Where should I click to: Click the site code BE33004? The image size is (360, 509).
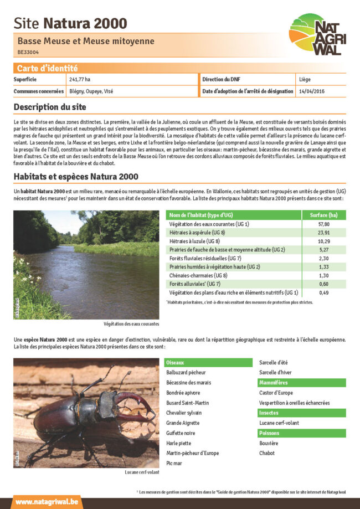[x=28, y=53]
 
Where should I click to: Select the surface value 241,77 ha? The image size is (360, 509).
[x=80, y=80]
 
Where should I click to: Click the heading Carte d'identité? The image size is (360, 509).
[x=47, y=68]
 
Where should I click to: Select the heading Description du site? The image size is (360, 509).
[x=50, y=107]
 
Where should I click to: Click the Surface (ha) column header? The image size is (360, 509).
[x=324, y=215]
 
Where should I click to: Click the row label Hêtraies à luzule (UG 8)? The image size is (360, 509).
[x=194, y=241]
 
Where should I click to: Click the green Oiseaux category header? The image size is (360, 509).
[x=177, y=362]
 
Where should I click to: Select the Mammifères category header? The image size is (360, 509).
[x=274, y=383]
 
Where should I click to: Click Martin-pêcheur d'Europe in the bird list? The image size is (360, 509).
[x=192, y=453]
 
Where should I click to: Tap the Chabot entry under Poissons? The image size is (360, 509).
[x=267, y=453]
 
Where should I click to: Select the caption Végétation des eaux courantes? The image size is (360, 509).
[x=131, y=323]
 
